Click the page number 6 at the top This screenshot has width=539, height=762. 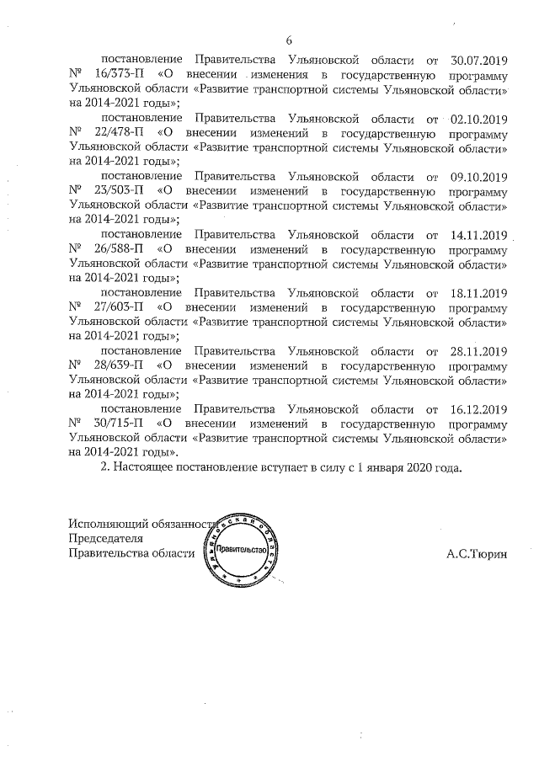(x=289, y=40)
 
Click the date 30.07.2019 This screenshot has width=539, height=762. (x=478, y=59)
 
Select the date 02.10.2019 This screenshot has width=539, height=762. (x=478, y=118)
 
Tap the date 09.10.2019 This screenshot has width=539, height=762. (x=478, y=177)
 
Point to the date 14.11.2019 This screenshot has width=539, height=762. (x=478, y=235)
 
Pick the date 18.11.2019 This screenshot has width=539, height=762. (x=478, y=293)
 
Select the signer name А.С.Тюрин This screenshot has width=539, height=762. (x=477, y=554)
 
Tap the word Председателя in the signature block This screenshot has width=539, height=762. (x=105, y=539)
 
